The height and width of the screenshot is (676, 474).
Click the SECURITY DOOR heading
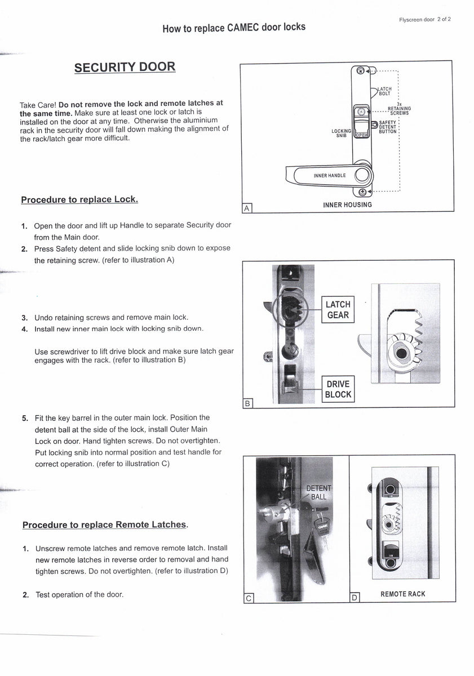(125, 67)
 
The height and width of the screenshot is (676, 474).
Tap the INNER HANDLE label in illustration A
(330, 176)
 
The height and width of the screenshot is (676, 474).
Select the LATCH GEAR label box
(338, 310)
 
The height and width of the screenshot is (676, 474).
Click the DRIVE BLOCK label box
(338, 389)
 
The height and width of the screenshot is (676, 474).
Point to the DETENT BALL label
(318, 492)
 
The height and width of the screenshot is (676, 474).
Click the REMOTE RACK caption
(403, 594)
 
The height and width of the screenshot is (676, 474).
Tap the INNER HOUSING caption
(347, 205)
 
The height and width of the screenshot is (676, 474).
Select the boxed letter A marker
(246, 208)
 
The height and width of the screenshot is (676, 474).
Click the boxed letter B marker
(247, 403)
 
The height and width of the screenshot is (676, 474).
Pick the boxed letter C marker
(249, 598)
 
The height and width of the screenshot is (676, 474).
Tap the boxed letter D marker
(354, 598)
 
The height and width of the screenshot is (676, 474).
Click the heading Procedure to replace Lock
(79, 200)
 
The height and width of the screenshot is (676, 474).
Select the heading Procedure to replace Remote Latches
(105, 524)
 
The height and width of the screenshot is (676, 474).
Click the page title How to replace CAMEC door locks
(234, 28)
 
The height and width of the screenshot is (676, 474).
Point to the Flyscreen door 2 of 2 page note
(424, 19)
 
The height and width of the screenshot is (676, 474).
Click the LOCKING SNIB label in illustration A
(342, 133)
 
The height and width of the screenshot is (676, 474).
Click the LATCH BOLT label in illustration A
(384, 91)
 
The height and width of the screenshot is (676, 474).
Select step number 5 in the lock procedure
(25, 418)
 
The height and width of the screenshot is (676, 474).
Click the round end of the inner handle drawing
(362, 175)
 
